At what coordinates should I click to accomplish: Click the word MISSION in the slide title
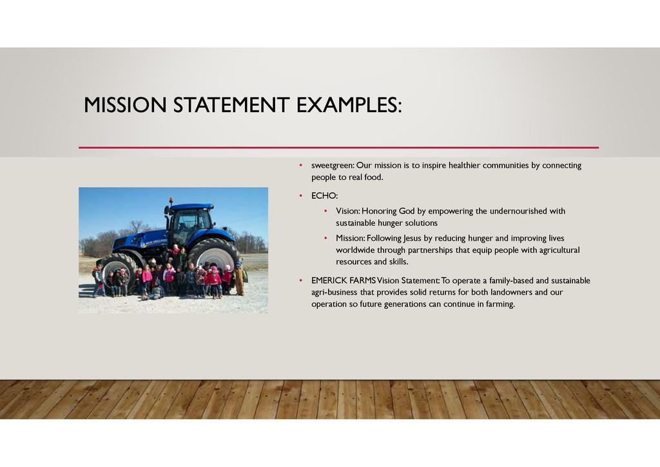(125, 105)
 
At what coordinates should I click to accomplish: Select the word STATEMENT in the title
(231, 105)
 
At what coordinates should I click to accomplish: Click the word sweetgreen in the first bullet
(332, 166)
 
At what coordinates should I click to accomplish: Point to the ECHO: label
(325, 196)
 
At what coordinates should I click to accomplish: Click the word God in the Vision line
(407, 211)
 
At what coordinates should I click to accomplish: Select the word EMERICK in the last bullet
(329, 281)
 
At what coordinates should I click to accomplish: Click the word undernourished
(518, 211)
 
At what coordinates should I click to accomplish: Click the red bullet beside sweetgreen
(300, 166)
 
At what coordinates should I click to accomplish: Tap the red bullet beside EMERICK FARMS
(300, 281)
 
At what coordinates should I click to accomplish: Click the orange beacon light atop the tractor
(171, 201)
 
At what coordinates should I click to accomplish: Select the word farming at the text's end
(500, 304)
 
